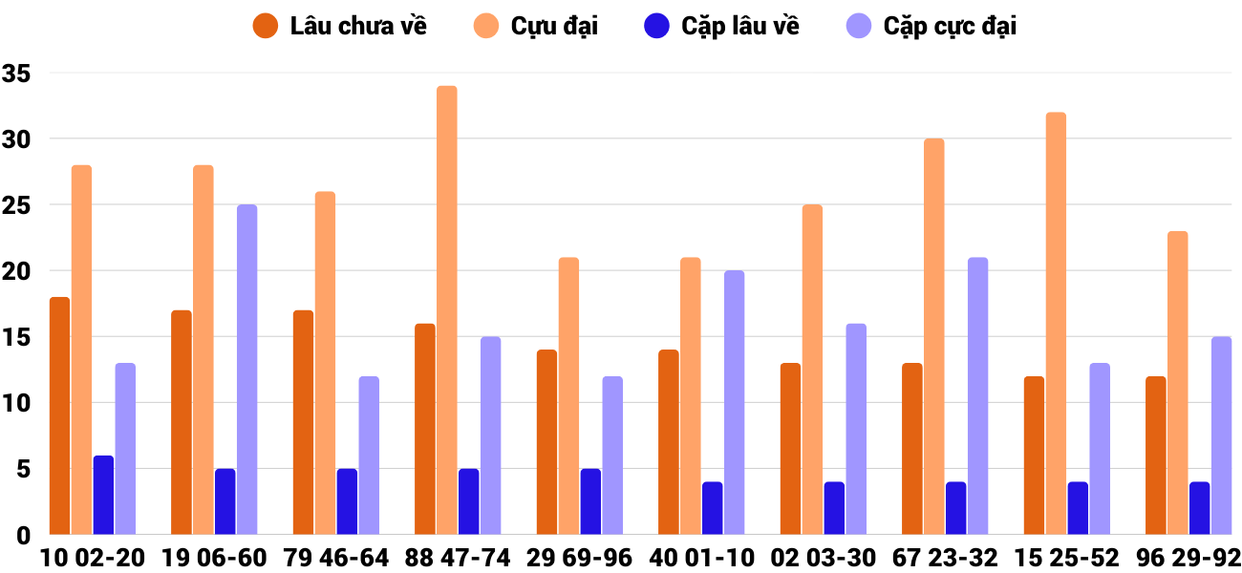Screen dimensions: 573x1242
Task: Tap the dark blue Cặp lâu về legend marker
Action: [x=656, y=26]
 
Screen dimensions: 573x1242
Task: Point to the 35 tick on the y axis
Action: [x=17, y=74]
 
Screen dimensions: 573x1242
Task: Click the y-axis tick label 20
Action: [x=17, y=271]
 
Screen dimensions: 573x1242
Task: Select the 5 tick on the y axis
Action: [x=23, y=469]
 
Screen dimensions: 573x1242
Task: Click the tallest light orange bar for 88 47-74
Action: [x=447, y=310]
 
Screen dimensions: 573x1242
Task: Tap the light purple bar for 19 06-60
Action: [x=246, y=370]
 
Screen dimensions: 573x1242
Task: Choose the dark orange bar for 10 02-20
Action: [x=59, y=415]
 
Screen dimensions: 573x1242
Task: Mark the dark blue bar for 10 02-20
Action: [x=103, y=495]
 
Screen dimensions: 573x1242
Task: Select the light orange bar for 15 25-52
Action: [x=1056, y=324]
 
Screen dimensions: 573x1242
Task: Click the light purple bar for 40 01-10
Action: [x=734, y=402]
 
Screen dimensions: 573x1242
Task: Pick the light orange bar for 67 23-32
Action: [x=934, y=336]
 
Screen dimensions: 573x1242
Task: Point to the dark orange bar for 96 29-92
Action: [x=1156, y=456]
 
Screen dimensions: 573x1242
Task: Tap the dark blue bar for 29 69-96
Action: [x=590, y=501]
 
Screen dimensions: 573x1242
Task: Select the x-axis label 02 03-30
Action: [x=824, y=557]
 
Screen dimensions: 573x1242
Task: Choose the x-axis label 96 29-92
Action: [x=1188, y=557]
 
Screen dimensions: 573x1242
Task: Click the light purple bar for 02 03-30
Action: [x=856, y=429]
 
